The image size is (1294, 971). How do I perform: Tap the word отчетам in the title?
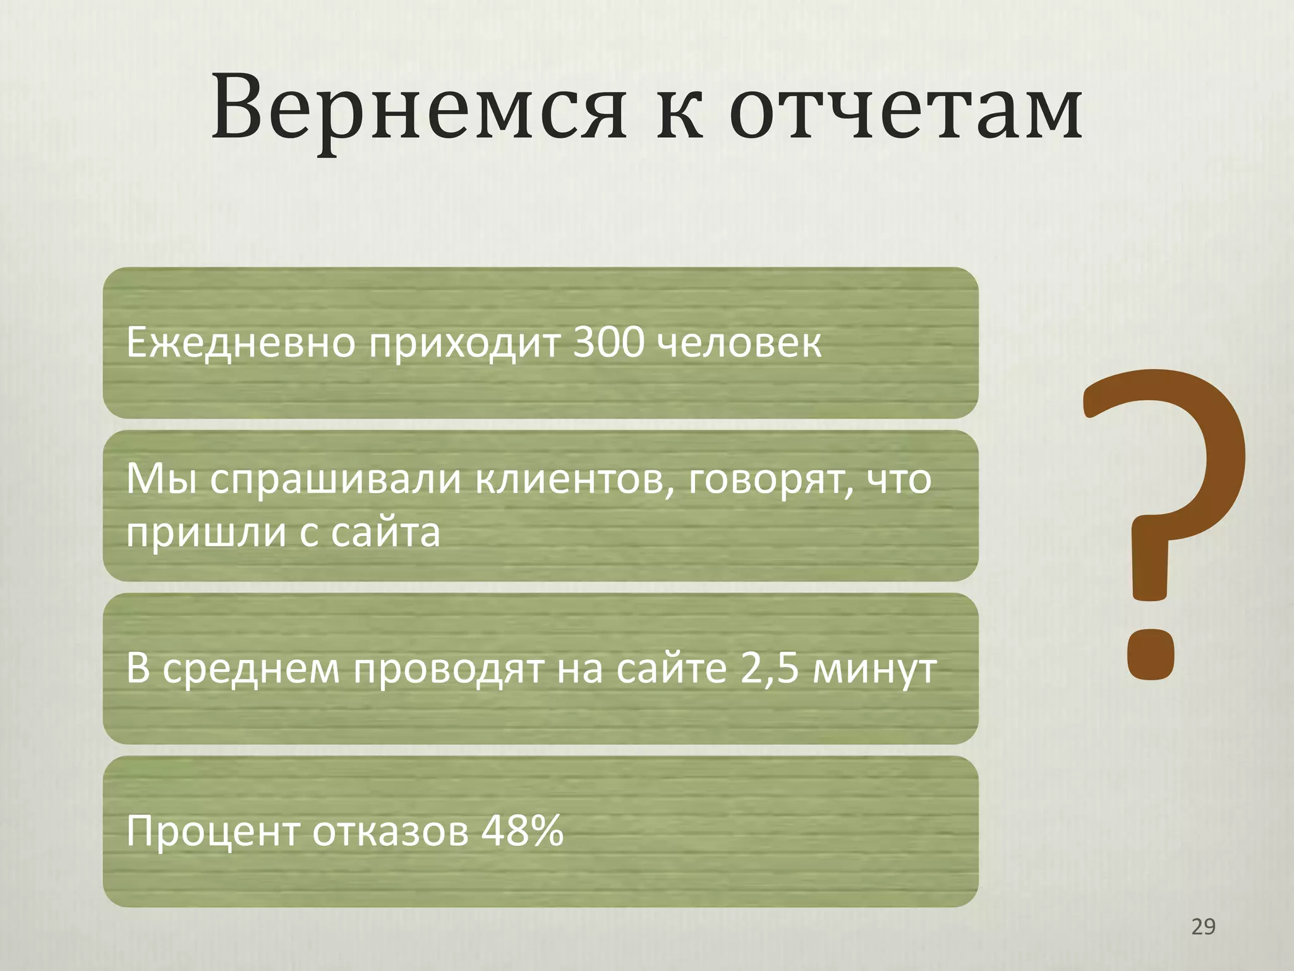(x=907, y=109)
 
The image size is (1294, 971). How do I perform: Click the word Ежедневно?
(x=241, y=343)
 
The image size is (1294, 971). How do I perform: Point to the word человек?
(x=739, y=343)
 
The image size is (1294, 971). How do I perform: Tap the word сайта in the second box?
(x=385, y=532)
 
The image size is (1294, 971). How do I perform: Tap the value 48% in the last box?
(x=522, y=831)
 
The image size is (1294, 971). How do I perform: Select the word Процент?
(x=212, y=832)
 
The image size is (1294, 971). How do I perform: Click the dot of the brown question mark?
(x=1151, y=655)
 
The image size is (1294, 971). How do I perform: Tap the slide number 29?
(x=1202, y=927)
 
